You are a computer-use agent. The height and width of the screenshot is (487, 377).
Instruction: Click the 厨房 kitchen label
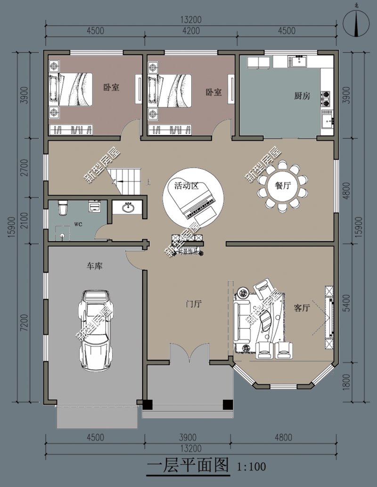tap(302, 96)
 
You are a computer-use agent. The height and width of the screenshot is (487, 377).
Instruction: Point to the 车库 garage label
tap(94, 267)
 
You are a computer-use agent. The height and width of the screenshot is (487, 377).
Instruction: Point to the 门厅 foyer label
tap(194, 304)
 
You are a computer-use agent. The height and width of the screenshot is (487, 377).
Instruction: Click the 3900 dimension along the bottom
tap(188, 437)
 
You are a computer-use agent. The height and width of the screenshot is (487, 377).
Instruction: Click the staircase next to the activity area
tap(127, 181)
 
